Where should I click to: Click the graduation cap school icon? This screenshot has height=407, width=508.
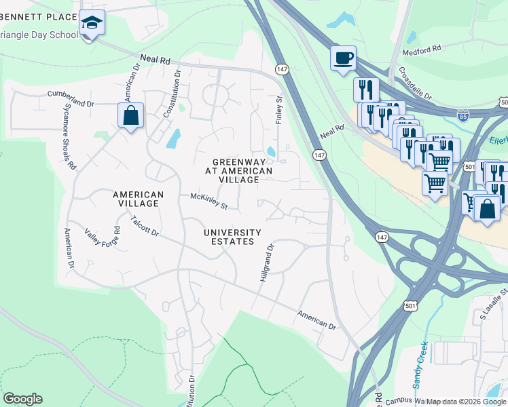(x=91, y=24)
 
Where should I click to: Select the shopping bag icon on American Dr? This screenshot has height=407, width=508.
(x=130, y=115)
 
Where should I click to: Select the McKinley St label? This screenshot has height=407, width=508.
(x=208, y=201)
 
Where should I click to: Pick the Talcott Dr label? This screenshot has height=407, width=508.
(x=145, y=227)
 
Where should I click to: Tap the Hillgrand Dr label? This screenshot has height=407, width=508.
(x=266, y=263)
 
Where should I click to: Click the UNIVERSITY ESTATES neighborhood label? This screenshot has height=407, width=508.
(x=232, y=237)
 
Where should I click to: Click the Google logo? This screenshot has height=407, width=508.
(x=22, y=399)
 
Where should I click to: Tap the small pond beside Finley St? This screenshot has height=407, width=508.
(x=272, y=151)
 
